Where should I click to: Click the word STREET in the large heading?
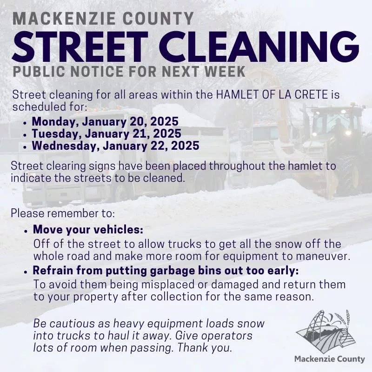pos(80,47)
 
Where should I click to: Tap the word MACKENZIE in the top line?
pos(64,19)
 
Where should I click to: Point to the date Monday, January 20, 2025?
pos(105,121)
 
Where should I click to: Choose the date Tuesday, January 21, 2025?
pos(106,133)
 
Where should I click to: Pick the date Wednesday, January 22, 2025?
pos(115,146)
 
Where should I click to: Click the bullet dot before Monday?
pos(25,123)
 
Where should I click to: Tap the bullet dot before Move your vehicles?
pos(26,231)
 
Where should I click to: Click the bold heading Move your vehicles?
pos(88,229)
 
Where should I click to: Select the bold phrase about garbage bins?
pos(166,271)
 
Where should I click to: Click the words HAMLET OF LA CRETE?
pos(272,95)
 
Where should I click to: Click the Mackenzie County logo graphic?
pos(325,332)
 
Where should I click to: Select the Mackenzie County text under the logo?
pos(330,359)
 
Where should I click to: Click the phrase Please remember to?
pos(63,213)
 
